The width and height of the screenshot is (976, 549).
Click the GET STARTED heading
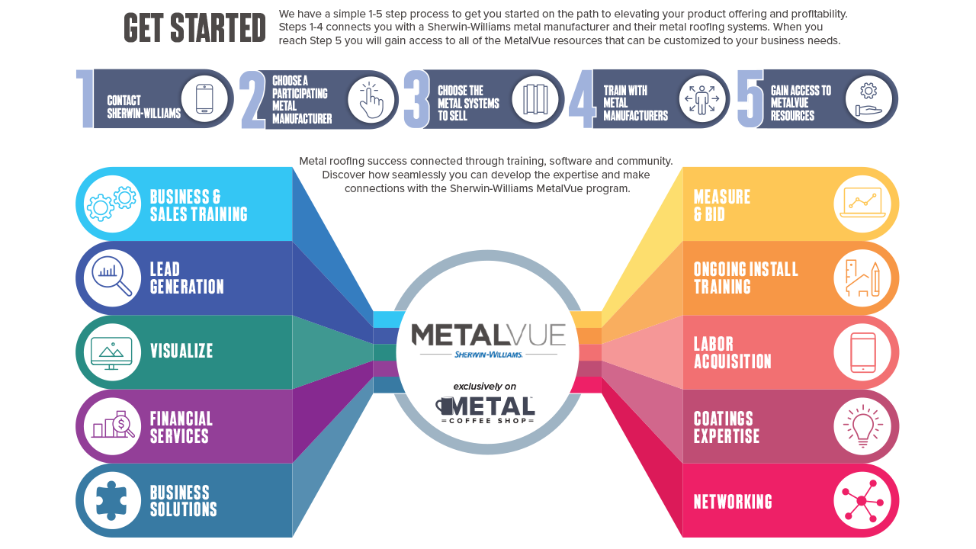(x=194, y=28)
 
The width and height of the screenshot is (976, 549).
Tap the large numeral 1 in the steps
(x=85, y=99)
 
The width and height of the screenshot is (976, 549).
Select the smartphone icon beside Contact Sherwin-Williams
(x=204, y=99)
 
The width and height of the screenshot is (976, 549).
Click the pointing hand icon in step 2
(x=371, y=100)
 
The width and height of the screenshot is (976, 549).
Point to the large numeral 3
(x=416, y=99)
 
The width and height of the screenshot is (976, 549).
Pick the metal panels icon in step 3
(x=535, y=99)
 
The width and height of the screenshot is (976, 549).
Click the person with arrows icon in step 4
(x=701, y=100)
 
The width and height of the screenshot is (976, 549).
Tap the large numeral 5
(x=750, y=99)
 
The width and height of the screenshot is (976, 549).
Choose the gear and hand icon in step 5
(x=868, y=99)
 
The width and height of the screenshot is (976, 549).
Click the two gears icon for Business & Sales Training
(x=112, y=204)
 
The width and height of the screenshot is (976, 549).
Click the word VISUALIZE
(x=181, y=351)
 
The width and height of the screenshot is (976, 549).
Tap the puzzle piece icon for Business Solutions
(x=111, y=500)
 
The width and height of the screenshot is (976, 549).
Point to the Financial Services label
(x=181, y=428)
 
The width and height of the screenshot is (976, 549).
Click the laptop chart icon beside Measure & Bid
(x=862, y=203)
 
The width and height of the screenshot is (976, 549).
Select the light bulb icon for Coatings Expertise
(x=863, y=426)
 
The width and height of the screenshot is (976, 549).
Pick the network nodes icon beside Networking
(x=862, y=501)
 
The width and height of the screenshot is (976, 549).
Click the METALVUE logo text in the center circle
(x=488, y=335)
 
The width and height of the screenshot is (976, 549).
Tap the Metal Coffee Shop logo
(x=485, y=410)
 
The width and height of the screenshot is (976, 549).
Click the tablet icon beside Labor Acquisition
(x=862, y=352)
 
